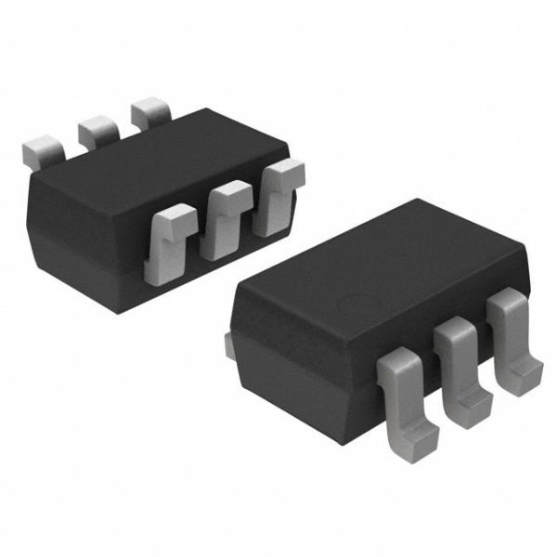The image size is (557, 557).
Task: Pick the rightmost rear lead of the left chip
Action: (x=149, y=115)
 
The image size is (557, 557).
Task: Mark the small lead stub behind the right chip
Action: (x=229, y=343)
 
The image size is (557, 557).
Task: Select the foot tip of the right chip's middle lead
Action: (x=473, y=403)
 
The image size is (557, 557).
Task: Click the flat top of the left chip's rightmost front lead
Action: (x=284, y=170)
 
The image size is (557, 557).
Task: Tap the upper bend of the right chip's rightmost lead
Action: (x=505, y=303)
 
